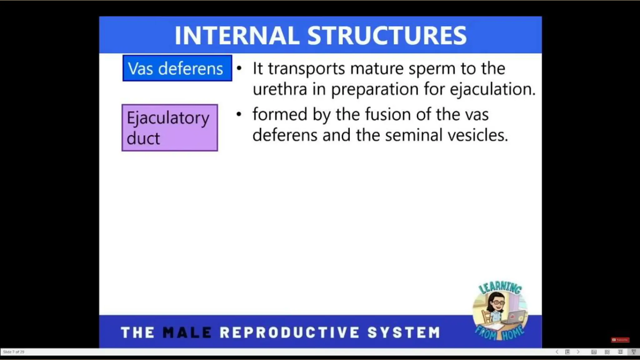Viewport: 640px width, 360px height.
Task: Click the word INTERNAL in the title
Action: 237,35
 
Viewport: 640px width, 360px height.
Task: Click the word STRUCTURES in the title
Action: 387,35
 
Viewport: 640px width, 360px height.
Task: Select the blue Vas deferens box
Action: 177,68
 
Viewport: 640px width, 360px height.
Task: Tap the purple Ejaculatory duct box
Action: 170,127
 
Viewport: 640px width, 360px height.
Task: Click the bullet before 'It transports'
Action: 239,68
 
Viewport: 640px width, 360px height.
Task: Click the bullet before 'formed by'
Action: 239,114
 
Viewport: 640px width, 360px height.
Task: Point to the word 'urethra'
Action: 280,89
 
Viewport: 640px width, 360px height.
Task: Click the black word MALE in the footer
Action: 187,332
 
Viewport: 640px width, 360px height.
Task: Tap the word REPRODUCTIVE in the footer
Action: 289,332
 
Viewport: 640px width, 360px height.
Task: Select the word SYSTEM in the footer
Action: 404,332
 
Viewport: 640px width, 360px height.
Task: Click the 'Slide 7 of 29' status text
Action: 13,352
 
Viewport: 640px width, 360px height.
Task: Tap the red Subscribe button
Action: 620,340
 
